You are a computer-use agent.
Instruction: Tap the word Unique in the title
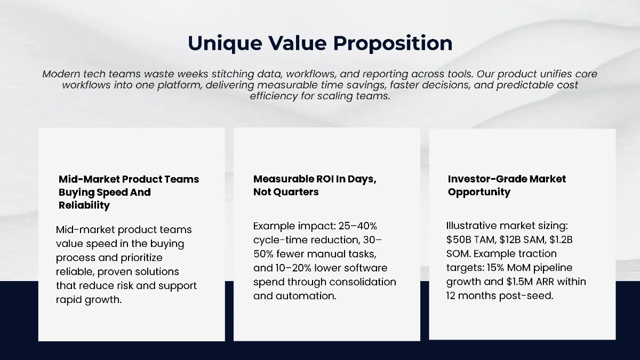tap(220, 43)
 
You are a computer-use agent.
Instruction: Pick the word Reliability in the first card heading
tap(84, 205)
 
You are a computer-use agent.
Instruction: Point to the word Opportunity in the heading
tap(479, 192)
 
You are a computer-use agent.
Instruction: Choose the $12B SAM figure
tap(516, 239)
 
